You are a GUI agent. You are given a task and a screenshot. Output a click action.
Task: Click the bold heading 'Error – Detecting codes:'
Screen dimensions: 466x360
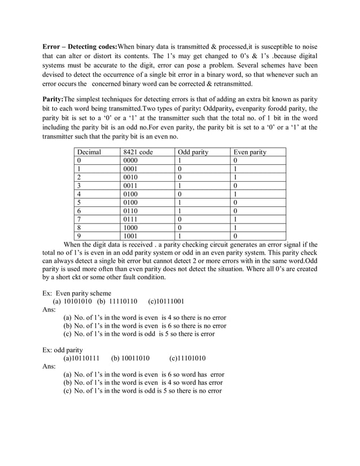[x=80, y=45]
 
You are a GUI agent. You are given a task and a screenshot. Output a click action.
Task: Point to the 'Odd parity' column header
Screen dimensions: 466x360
[x=193, y=152]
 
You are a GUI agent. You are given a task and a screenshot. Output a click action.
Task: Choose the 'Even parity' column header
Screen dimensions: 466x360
[x=250, y=152]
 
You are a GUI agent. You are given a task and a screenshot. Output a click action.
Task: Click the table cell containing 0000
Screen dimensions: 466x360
[x=130, y=161]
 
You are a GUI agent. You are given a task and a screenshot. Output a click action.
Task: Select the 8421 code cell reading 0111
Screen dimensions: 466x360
[x=130, y=219]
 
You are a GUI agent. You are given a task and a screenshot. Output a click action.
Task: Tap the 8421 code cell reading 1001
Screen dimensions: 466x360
[x=130, y=236]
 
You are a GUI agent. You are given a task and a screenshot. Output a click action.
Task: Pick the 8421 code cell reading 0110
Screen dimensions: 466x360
[x=130, y=210]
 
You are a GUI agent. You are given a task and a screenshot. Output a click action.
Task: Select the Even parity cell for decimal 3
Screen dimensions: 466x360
[x=235, y=186]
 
